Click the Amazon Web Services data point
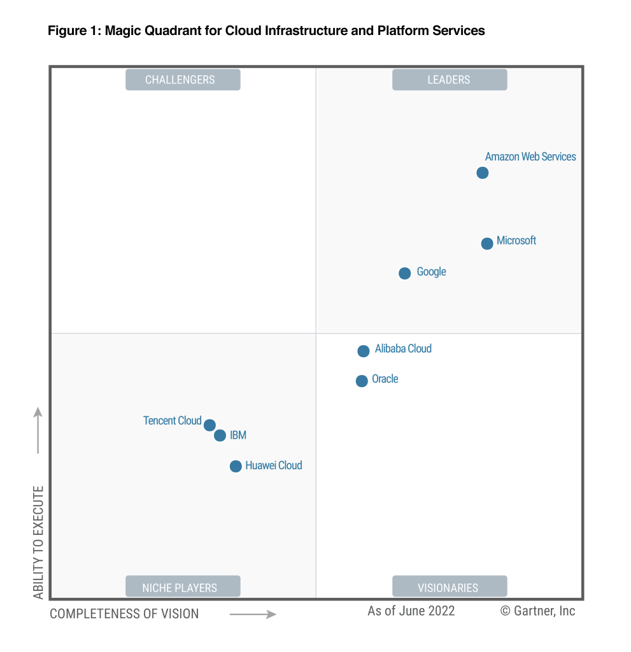(x=483, y=173)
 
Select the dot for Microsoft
(x=487, y=243)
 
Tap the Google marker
(x=405, y=273)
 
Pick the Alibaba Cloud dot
(x=364, y=351)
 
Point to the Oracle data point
(x=362, y=381)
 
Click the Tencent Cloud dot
(x=209, y=425)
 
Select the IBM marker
(x=220, y=436)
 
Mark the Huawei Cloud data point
(x=236, y=466)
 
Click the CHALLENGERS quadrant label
(x=183, y=80)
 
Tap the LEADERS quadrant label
(x=450, y=80)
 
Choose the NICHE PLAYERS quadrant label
(x=183, y=587)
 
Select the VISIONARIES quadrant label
(x=450, y=587)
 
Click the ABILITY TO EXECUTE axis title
(x=39, y=542)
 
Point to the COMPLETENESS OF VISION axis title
(x=124, y=614)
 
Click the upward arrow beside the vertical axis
(x=38, y=430)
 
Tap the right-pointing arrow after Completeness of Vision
(x=253, y=614)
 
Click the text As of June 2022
(x=411, y=611)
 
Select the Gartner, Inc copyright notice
(x=537, y=611)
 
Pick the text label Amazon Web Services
(x=530, y=157)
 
